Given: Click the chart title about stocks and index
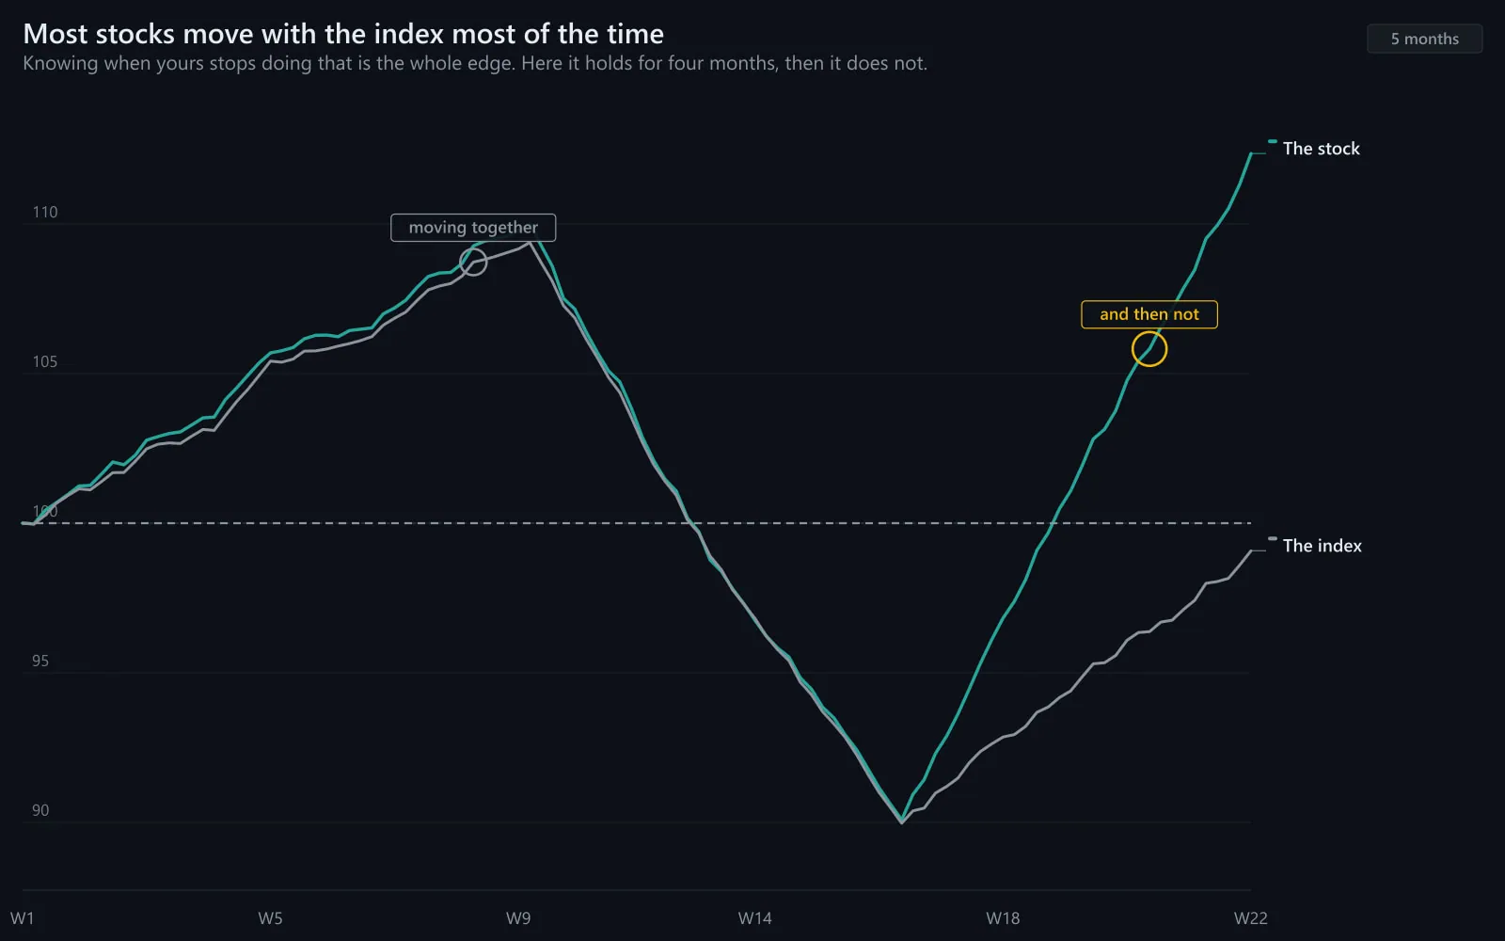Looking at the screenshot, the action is click(x=343, y=34).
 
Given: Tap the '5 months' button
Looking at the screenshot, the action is click(x=1424, y=39).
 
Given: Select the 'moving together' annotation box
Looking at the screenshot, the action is click(x=473, y=227).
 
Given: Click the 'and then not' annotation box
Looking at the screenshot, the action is click(x=1149, y=314).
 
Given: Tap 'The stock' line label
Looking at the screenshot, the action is click(x=1321, y=149).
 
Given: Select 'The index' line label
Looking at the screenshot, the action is click(x=1323, y=546).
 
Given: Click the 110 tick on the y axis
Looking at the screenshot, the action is click(x=45, y=213).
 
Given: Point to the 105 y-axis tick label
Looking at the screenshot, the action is click(x=45, y=361).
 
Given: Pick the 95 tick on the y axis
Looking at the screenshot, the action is click(x=40, y=661).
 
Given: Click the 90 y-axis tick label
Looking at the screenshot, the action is click(x=40, y=810).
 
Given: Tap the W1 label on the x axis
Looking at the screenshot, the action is click(x=23, y=918).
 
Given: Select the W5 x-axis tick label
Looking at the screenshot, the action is click(x=270, y=918).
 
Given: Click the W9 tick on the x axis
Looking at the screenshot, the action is click(x=518, y=918).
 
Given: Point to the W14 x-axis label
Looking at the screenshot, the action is click(x=755, y=918).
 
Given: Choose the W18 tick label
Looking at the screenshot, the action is click(x=1003, y=918).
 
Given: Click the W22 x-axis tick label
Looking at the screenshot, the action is click(x=1250, y=918).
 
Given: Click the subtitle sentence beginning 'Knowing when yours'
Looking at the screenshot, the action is click(x=475, y=63).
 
